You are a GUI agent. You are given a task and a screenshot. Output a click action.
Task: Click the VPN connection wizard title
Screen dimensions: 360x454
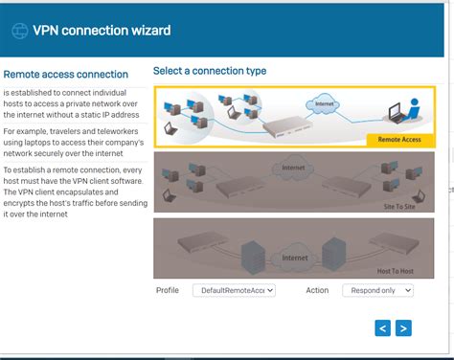pos(102,31)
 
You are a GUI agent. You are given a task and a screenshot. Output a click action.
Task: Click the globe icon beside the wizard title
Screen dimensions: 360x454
pos(19,31)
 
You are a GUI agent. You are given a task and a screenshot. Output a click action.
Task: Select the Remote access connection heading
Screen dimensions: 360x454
pos(65,74)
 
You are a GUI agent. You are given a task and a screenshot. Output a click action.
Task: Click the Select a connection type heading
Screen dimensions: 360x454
pos(210,71)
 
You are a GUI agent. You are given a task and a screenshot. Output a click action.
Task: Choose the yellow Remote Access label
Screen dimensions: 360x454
pos(398,140)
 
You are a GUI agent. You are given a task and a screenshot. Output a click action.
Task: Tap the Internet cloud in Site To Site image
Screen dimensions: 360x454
pos(293,170)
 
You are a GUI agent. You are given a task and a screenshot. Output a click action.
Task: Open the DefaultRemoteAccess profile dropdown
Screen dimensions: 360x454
pos(234,289)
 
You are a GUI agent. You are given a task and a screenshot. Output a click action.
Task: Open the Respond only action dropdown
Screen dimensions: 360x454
pos(377,289)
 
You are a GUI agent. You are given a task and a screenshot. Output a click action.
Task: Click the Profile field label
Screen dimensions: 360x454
pos(168,289)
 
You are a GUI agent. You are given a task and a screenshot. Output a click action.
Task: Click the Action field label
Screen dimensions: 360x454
pos(317,289)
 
